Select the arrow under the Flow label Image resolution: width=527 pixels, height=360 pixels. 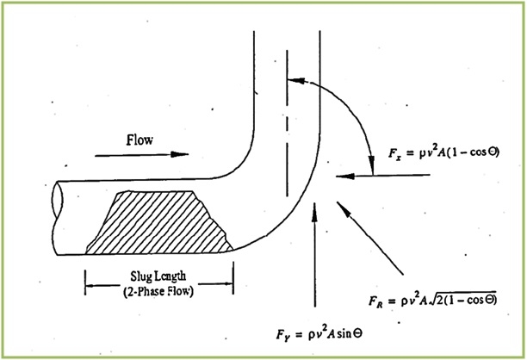[x=141, y=155]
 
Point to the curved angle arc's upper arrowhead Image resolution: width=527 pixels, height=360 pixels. [x=293, y=82]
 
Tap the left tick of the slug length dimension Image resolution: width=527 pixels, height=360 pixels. [x=85, y=279]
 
